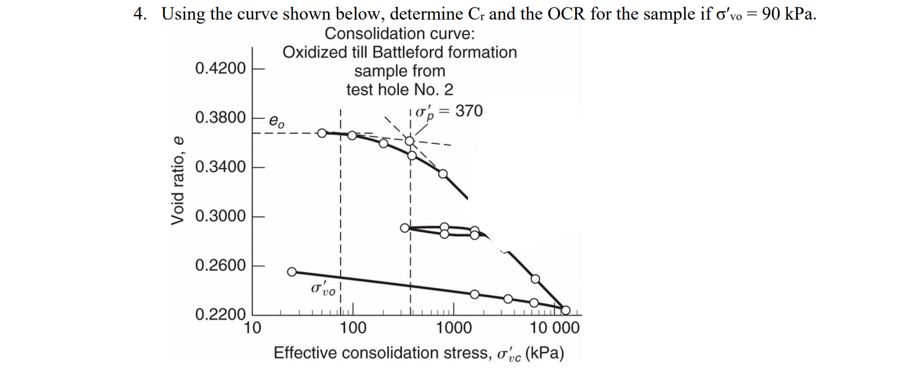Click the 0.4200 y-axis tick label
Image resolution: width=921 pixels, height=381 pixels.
coord(220,68)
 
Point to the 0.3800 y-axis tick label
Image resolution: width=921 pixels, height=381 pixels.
coord(220,117)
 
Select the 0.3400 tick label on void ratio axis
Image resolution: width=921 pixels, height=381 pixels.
coord(220,167)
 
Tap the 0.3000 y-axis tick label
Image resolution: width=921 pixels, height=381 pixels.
coord(220,216)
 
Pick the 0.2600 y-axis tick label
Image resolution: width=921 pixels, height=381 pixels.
coord(220,265)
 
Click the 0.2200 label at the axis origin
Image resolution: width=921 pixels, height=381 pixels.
coord(220,314)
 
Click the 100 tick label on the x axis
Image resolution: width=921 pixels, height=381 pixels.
coord(353,328)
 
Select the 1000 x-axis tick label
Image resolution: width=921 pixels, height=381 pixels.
coord(454,328)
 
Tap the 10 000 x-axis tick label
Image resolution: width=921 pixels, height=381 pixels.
coord(554,328)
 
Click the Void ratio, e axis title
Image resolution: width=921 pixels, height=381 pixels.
coord(178,181)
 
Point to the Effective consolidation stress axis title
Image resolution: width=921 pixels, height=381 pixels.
coord(418,353)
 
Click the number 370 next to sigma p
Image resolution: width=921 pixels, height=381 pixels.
coord(469,111)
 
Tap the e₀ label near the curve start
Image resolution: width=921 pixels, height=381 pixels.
coord(277,122)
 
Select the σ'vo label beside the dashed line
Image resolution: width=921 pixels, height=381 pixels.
coord(323,288)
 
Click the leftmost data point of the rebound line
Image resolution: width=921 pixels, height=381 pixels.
coord(292,271)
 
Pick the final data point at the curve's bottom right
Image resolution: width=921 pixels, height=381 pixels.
coord(565,310)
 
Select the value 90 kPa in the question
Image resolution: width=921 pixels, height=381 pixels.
coord(788,14)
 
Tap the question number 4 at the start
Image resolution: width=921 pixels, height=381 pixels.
coord(139,14)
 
